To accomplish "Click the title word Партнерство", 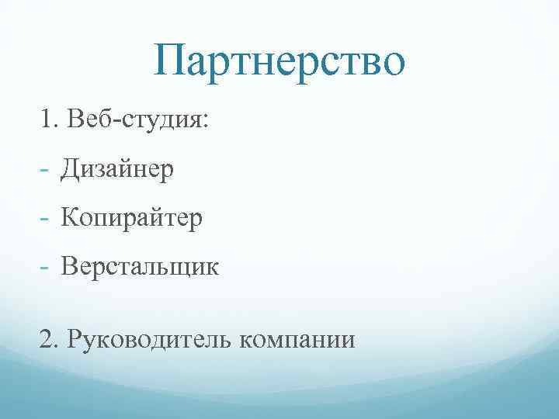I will (279, 61).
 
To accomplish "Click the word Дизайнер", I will (119, 168).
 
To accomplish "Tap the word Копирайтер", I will (133, 218).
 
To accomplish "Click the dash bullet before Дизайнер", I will (45, 169).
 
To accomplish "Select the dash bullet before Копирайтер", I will (45, 219).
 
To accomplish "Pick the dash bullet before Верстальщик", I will (45, 268).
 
